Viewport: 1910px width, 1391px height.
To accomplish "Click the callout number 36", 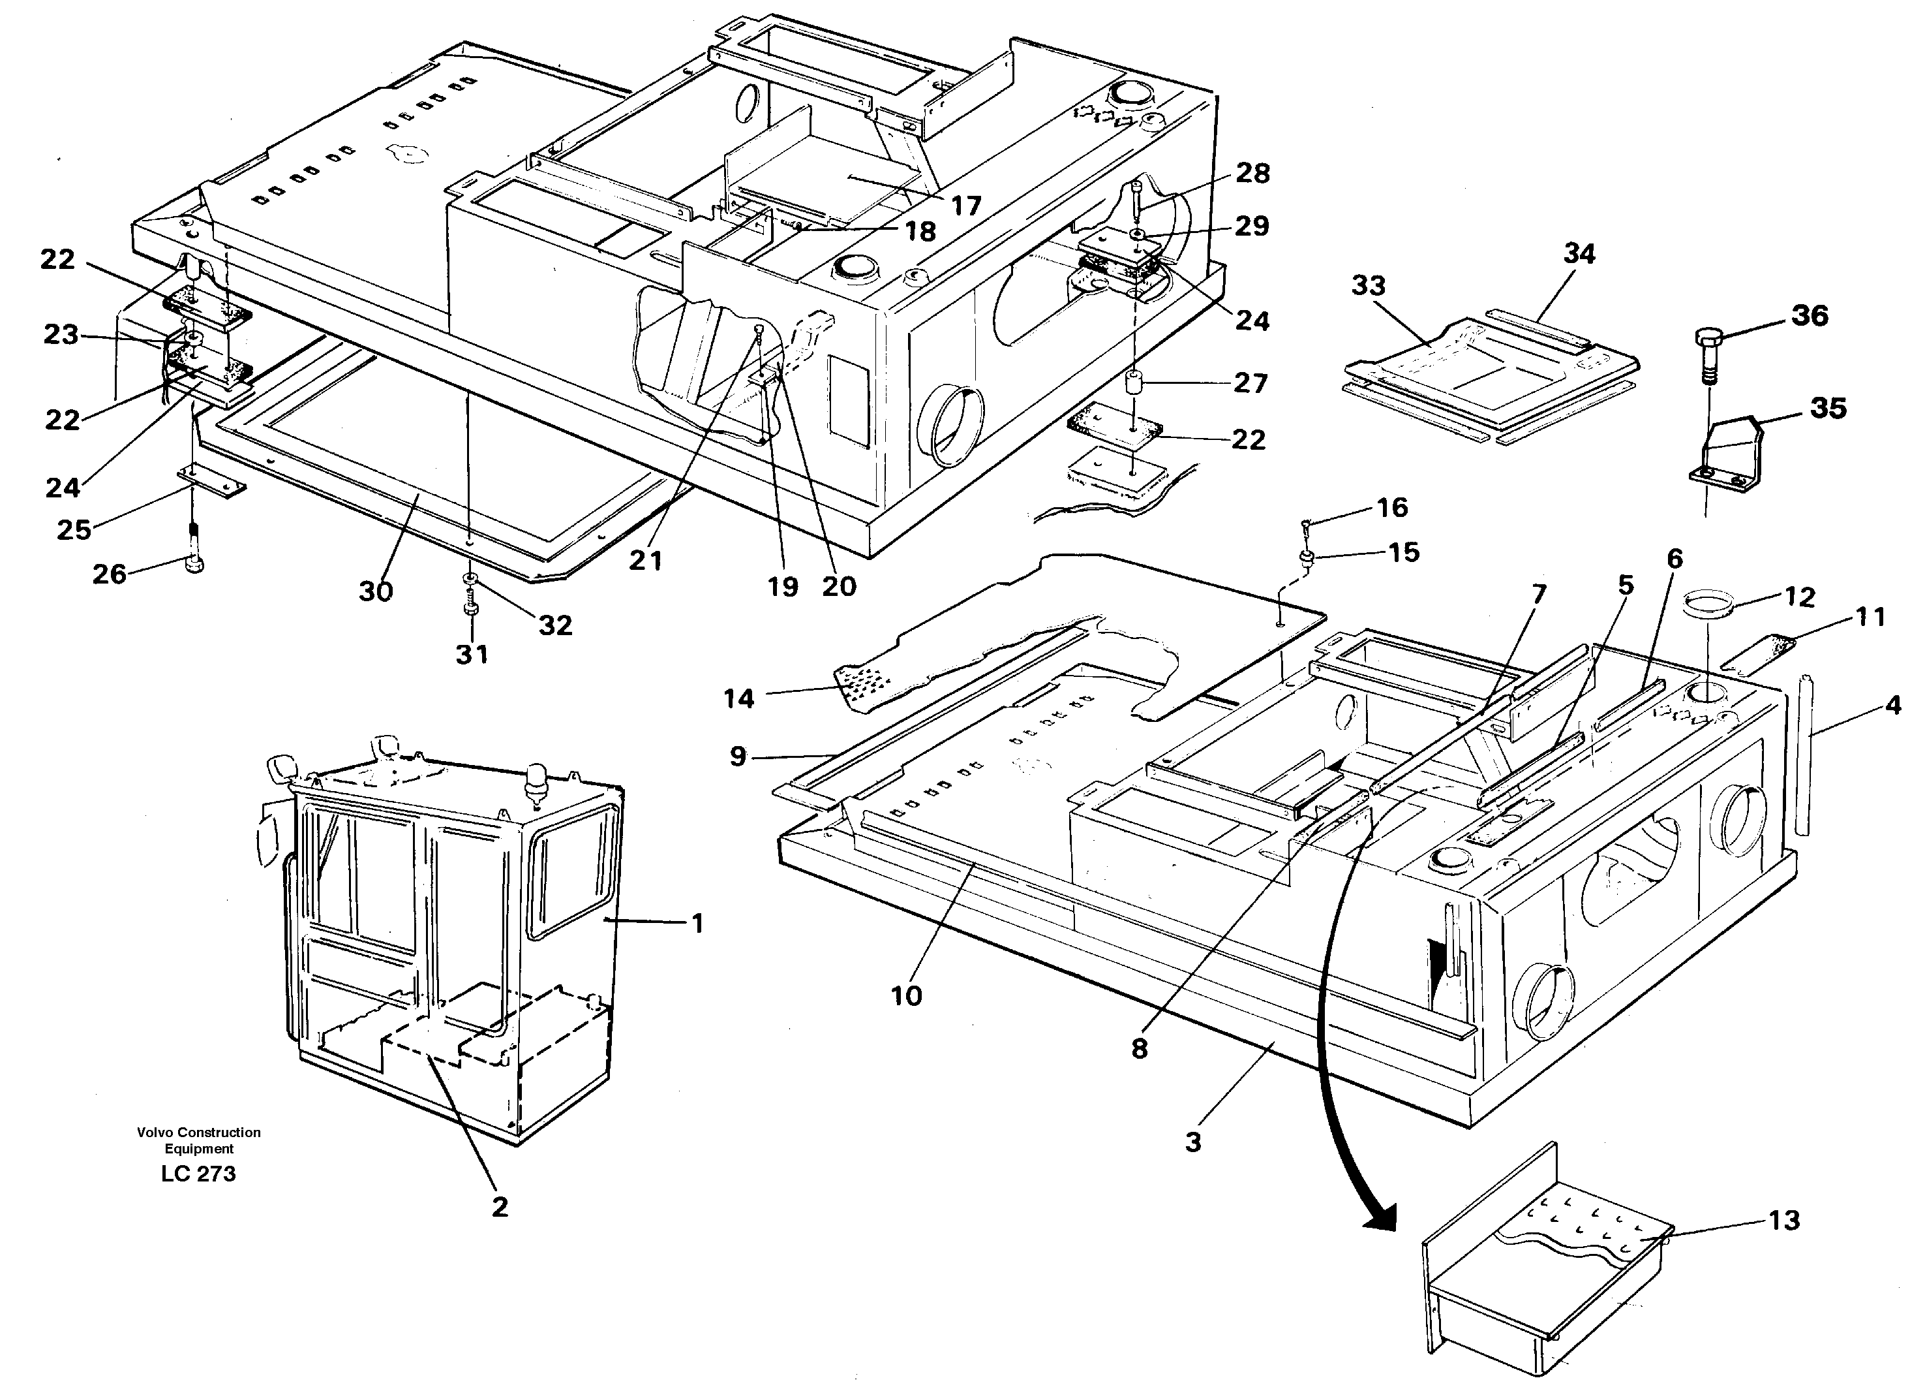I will tap(1809, 316).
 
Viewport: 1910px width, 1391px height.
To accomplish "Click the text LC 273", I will tap(199, 1174).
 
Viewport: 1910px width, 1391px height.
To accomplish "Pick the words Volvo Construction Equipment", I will tap(199, 1140).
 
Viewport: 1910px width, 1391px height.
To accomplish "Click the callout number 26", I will tap(109, 574).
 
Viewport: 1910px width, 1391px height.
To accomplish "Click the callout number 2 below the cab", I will tap(500, 1206).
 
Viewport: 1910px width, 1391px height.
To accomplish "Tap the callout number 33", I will tap(1369, 286).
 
